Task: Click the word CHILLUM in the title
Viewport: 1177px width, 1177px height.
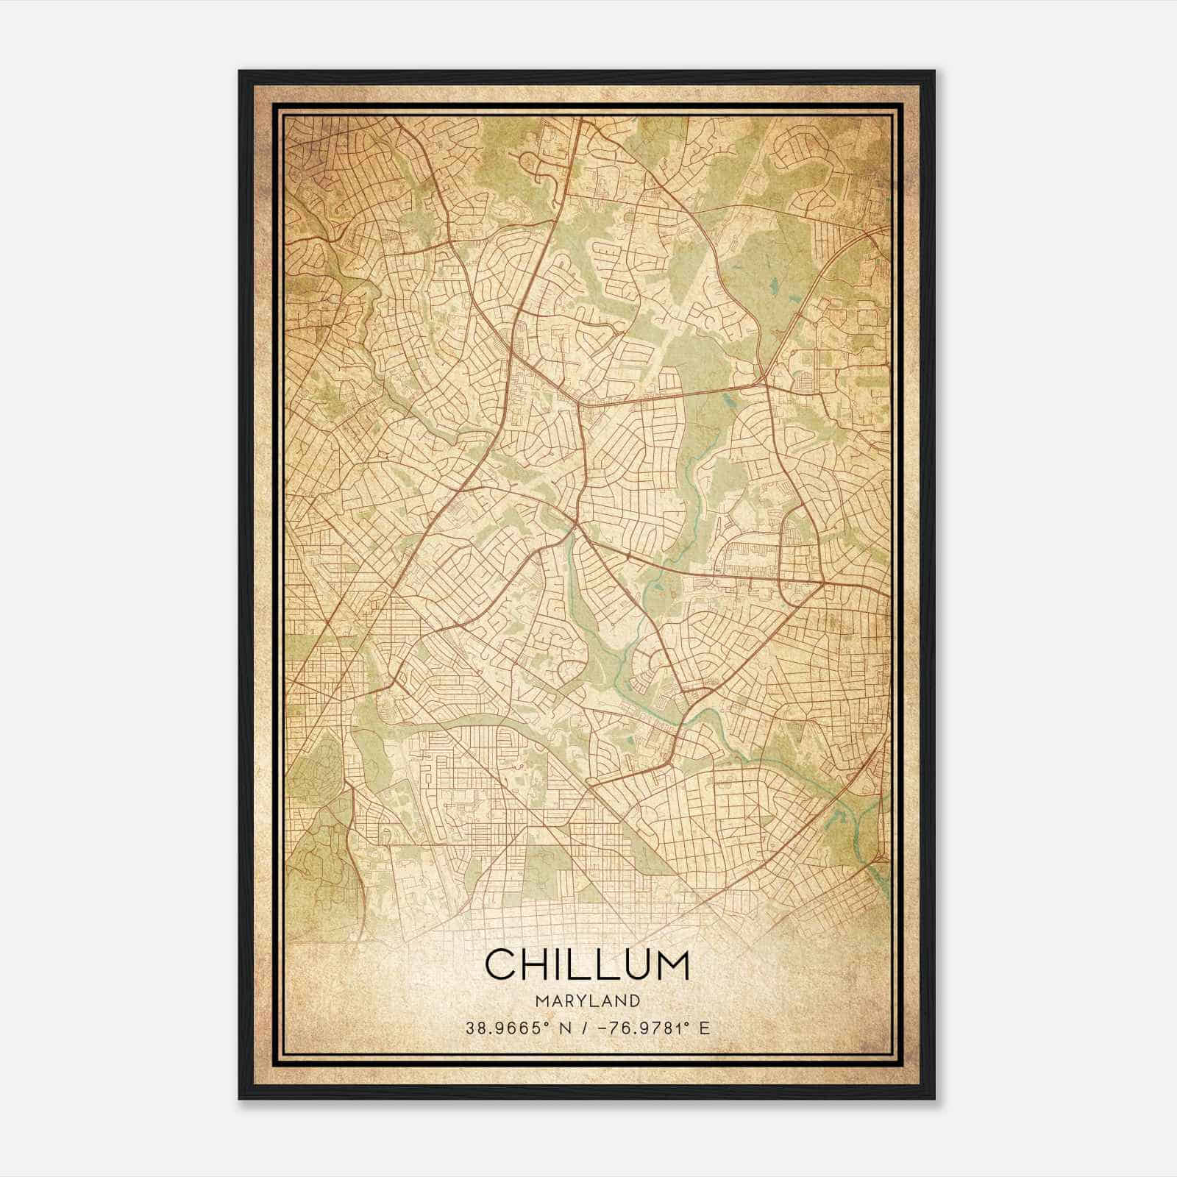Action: point(588,964)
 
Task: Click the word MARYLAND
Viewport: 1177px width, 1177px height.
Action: point(588,1001)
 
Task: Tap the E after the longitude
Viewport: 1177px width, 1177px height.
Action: point(705,1028)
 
